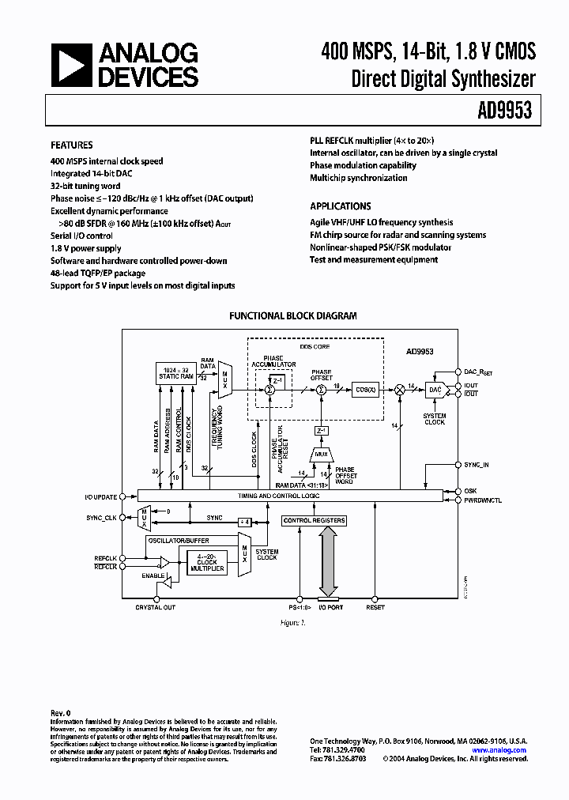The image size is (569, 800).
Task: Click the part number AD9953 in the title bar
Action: click(x=503, y=111)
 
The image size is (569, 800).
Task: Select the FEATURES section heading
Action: click(x=72, y=145)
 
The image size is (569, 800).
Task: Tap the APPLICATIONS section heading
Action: click(x=340, y=206)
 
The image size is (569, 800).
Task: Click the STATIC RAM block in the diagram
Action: click(x=175, y=373)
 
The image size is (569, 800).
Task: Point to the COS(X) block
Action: click(x=365, y=389)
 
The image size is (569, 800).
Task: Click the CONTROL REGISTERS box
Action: click(x=314, y=520)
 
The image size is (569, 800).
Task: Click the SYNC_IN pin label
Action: click(x=477, y=465)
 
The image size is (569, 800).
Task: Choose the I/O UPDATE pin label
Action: click(x=101, y=497)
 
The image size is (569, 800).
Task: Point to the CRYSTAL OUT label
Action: click(x=155, y=607)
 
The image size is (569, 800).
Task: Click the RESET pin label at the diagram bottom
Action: click(x=375, y=607)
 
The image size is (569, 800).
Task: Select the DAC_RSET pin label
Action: click(x=480, y=371)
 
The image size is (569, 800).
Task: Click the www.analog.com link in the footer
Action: click(x=499, y=750)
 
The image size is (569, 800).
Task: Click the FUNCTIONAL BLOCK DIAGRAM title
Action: click(x=292, y=315)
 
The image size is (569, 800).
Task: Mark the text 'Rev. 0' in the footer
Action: click(x=61, y=712)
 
